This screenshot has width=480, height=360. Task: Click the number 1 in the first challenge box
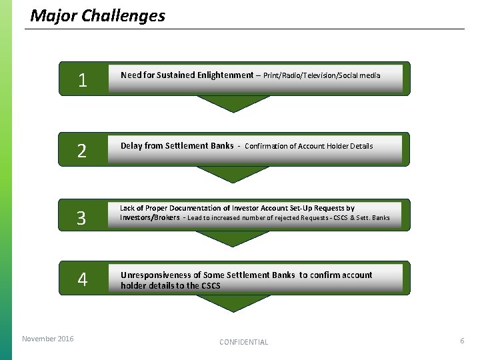(x=82, y=81)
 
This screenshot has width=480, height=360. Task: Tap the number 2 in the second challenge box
(x=82, y=151)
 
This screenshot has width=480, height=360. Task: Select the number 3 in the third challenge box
(x=82, y=218)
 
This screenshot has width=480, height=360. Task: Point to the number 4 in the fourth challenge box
(x=82, y=279)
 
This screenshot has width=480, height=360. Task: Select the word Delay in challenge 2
(x=131, y=145)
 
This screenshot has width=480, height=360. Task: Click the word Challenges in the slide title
(x=123, y=15)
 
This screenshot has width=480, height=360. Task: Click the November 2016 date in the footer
(x=48, y=339)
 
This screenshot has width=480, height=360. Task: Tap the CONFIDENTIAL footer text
(x=244, y=342)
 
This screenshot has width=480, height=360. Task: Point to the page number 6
(x=461, y=341)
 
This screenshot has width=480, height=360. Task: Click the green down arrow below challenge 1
(x=233, y=103)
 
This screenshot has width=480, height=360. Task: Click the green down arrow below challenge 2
(x=233, y=174)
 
